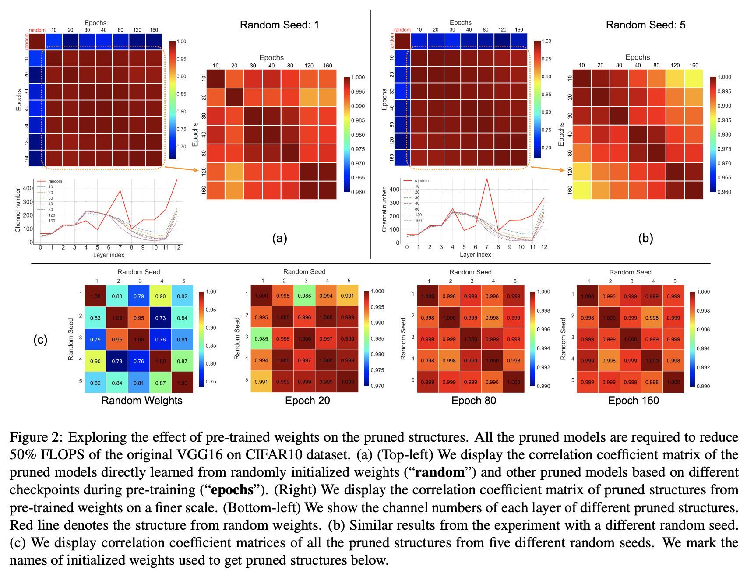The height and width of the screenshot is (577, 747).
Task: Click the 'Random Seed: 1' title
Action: pos(279,25)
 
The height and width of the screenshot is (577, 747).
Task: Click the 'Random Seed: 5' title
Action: pos(645,25)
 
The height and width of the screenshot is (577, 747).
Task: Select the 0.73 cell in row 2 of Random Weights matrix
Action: pos(161,318)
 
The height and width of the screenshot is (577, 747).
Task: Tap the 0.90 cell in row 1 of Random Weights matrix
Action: pos(161,296)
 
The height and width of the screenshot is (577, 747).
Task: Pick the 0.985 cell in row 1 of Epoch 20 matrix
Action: pos(304,296)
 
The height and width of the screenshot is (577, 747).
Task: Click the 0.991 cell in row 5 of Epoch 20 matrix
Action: pos(261,382)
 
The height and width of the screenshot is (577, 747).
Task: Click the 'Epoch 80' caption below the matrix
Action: pos(474,401)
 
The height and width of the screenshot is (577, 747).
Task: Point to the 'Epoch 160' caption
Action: pos(634,401)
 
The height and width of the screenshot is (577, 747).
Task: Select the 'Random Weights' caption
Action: pos(142,401)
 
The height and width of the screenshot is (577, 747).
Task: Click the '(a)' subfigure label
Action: pos(279,238)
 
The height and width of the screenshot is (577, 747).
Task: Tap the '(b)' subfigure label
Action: pos(645,238)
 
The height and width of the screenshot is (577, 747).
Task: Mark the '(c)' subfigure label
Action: pos(40,340)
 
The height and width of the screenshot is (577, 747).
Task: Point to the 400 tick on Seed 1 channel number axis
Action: pos(28,189)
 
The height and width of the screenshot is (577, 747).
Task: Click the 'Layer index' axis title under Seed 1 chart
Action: pos(109,255)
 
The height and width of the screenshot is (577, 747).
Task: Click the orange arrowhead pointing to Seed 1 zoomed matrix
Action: pos(197,170)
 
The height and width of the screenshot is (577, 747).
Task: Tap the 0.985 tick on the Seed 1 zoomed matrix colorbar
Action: pos(358,120)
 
